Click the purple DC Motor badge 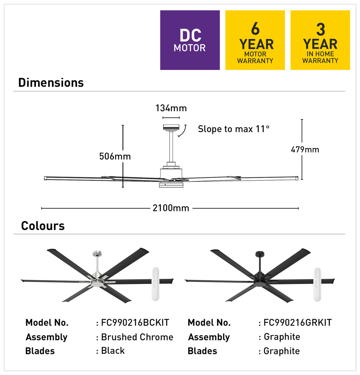click(x=190, y=40)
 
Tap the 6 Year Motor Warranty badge click(x=255, y=40)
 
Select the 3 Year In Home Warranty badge click(x=320, y=40)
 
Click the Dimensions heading click(x=51, y=83)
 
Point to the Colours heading click(x=43, y=226)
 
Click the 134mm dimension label click(x=171, y=108)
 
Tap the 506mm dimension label click(x=115, y=156)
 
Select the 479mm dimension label click(x=305, y=150)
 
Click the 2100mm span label click(x=171, y=208)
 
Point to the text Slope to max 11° click(x=234, y=129)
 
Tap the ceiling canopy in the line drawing click(x=171, y=128)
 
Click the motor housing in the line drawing click(x=171, y=173)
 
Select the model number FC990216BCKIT click(x=135, y=323)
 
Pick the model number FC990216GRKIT click(x=297, y=323)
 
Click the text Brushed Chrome click(x=137, y=337)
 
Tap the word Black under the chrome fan click(x=113, y=350)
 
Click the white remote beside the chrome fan click(x=155, y=284)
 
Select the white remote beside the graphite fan click(x=317, y=285)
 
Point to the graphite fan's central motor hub click(x=260, y=281)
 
